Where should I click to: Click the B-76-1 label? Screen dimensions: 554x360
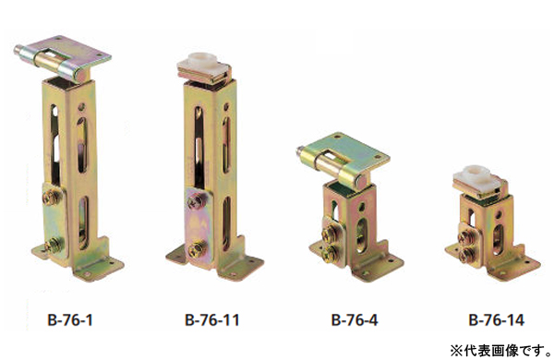(70, 320)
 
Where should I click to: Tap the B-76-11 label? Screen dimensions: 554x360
(212, 320)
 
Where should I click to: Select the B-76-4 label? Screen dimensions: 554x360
(355, 320)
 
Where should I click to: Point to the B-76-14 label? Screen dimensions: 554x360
(496, 320)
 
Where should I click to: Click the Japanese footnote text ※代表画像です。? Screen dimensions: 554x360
(500, 351)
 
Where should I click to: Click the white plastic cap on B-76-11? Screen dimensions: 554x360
(201, 62)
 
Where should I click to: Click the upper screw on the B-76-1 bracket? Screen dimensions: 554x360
(52, 198)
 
